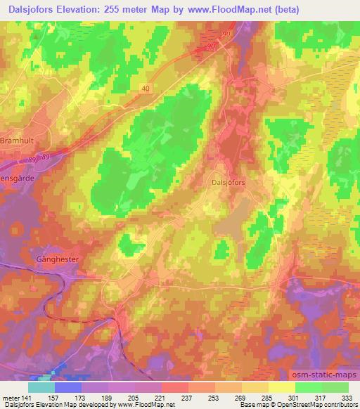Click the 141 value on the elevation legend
pos(27,398)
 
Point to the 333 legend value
pos(347,398)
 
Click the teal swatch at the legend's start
pos(41,387)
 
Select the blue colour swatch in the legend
pos(67,387)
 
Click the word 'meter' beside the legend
pos(9,398)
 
